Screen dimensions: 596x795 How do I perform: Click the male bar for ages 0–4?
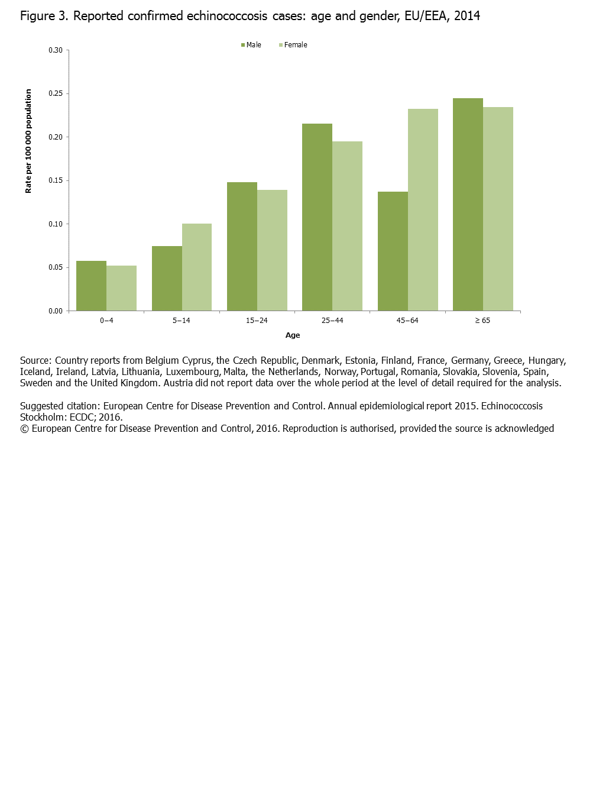pos(91,286)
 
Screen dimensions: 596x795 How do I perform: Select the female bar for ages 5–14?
pos(197,267)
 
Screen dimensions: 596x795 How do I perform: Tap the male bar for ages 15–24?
pos(242,246)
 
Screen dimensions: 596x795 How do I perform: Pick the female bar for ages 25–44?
pos(348,226)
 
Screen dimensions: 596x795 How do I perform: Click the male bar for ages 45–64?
pos(393,251)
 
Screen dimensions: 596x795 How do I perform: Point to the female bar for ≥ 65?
pos(498,209)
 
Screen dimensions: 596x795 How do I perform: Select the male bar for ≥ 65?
pos(468,205)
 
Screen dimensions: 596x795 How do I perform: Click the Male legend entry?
pos(251,45)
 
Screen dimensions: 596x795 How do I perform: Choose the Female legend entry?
pos(293,45)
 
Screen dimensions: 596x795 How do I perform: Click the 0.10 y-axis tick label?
pos(56,224)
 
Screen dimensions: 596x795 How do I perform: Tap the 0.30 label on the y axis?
pos(56,50)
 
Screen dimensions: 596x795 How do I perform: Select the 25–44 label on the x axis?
pos(332,320)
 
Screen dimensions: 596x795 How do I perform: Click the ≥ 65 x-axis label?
pos(482,320)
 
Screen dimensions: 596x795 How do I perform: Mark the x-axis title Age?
pos(293,335)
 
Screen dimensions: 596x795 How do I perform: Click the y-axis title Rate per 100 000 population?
pos(28,141)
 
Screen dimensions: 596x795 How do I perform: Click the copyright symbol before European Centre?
pos(25,428)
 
